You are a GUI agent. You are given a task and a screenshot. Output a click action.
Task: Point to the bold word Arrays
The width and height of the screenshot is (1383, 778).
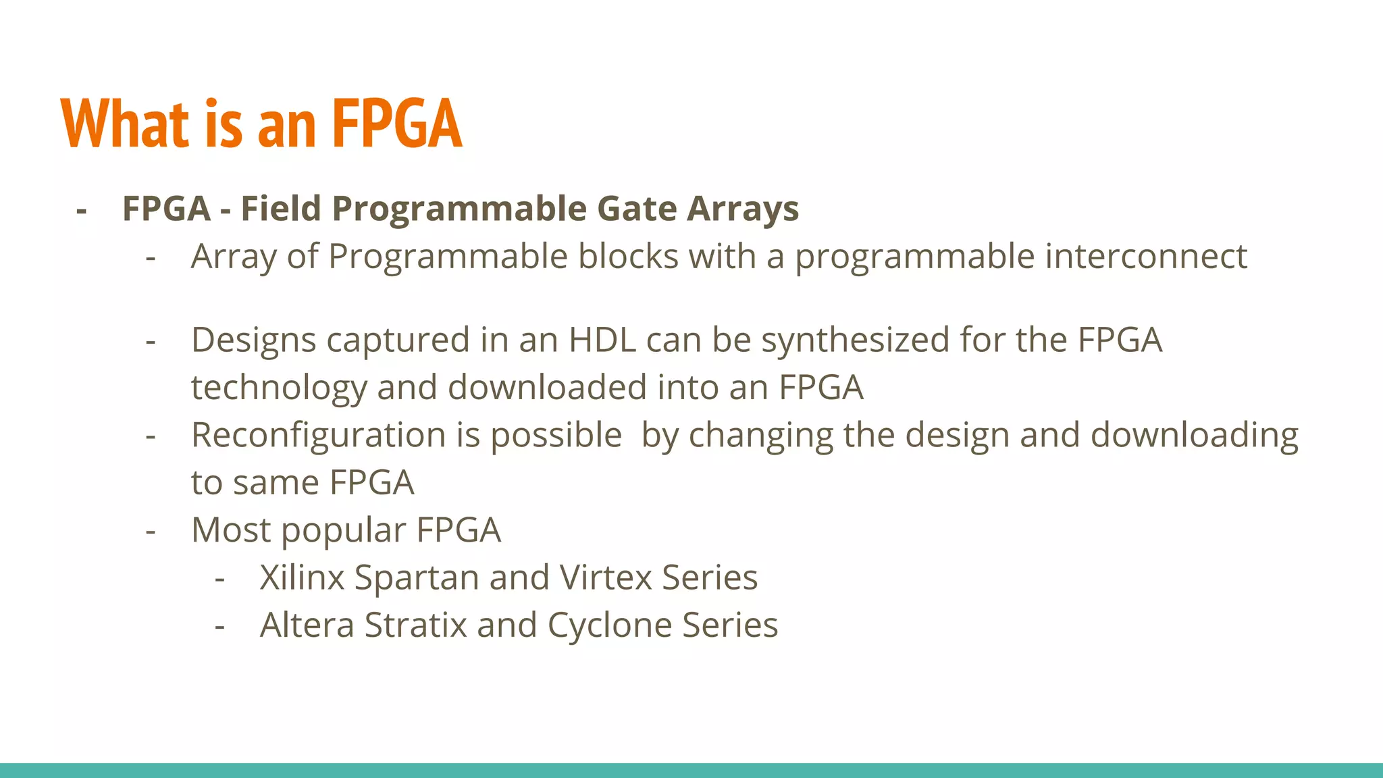743,209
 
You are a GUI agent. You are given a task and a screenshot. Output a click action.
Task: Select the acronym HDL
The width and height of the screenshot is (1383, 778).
602,340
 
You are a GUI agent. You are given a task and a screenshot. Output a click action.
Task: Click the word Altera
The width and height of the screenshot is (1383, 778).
307,625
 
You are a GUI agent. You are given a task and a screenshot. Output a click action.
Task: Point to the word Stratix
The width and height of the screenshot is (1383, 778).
415,625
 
